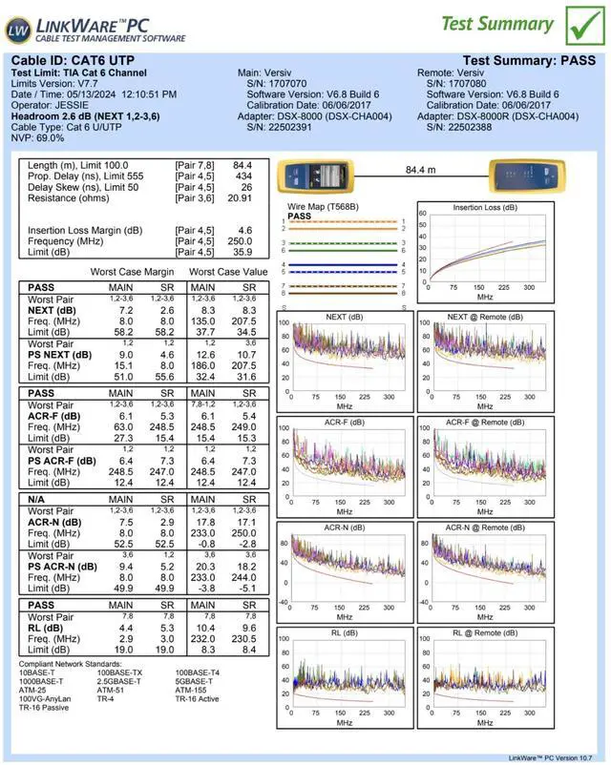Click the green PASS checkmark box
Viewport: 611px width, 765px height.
coord(579,25)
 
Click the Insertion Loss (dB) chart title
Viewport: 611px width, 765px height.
coord(484,207)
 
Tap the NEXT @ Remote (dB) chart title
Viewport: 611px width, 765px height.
coord(484,317)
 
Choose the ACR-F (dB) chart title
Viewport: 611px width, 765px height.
coord(345,422)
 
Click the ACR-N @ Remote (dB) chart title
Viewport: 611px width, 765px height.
coord(484,527)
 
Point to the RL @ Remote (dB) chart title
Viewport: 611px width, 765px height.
coord(484,631)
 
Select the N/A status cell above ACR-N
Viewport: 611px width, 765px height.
coord(39,499)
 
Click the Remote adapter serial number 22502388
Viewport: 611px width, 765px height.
coord(470,127)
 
